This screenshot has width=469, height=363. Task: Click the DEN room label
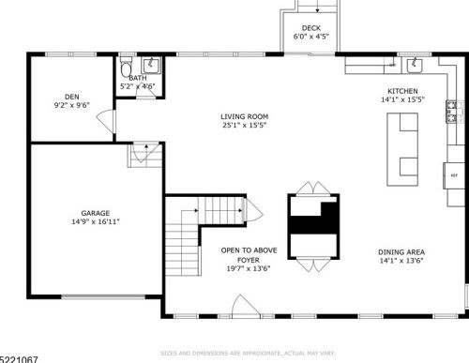coord(71,97)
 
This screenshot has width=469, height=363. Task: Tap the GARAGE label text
coord(96,213)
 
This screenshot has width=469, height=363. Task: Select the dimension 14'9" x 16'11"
coord(96,222)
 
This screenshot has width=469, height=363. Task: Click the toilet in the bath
coord(127,68)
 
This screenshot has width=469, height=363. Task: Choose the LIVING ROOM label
coord(238,115)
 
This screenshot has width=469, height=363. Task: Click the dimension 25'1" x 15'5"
coord(238,125)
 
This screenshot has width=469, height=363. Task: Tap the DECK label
coord(311,27)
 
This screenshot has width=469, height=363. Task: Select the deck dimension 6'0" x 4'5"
coord(311,37)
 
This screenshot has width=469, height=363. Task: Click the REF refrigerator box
coord(454,175)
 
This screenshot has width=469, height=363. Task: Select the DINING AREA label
coord(404,251)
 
